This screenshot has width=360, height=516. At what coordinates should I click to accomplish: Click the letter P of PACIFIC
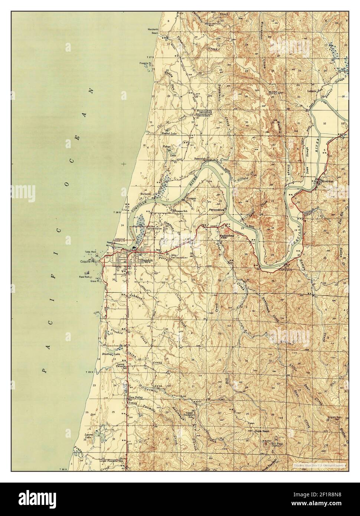click(x=45, y=370)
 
